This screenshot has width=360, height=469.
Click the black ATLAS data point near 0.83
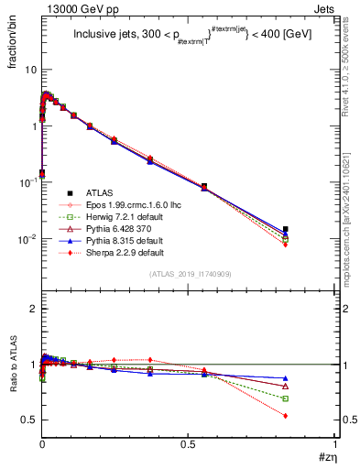tap(286, 229)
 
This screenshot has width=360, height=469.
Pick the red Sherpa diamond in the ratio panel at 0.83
tap(286, 416)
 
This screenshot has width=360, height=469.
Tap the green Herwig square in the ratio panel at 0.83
tap(286, 398)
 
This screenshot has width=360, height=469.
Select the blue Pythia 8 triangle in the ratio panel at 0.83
tap(286, 378)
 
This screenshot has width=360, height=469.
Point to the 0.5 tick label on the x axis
tap(188, 444)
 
